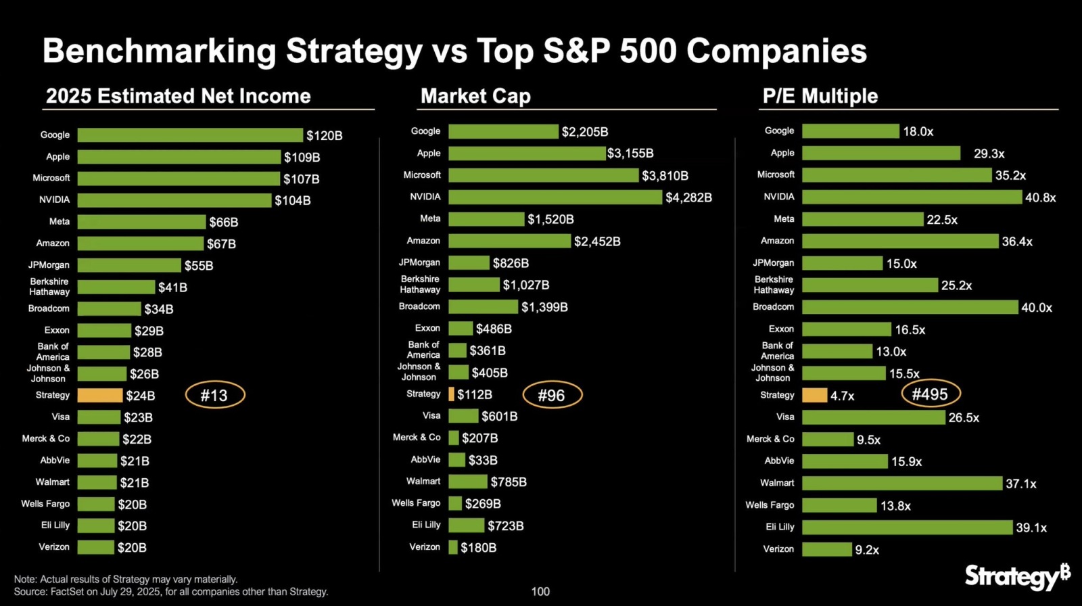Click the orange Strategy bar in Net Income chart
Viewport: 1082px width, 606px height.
tap(99, 396)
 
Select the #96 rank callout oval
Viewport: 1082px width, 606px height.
tap(552, 395)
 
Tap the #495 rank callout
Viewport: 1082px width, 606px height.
tap(930, 394)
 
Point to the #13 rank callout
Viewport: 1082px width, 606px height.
tap(214, 395)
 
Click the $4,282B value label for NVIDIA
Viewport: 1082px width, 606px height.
tap(688, 197)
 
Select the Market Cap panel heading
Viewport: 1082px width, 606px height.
tap(475, 96)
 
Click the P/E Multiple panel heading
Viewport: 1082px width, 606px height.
tap(820, 96)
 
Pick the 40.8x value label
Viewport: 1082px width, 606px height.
tap(1040, 197)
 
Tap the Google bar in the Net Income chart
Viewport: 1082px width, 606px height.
tap(190, 135)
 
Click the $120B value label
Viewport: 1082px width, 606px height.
tap(324, 135)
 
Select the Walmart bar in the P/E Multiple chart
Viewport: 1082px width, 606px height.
tap(901, 483)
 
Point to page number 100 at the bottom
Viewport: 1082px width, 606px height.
tap(540, 591)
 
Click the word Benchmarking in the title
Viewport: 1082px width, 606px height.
tap(159, 51)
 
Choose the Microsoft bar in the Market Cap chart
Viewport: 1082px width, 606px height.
tap(543, 175)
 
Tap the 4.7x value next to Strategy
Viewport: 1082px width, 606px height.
tap(842, 396)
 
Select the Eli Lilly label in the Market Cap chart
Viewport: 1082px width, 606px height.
tap(426, 525)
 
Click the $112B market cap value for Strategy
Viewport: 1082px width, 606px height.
tap(474, 394)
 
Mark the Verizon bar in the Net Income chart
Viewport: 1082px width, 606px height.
tap(95, 547)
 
